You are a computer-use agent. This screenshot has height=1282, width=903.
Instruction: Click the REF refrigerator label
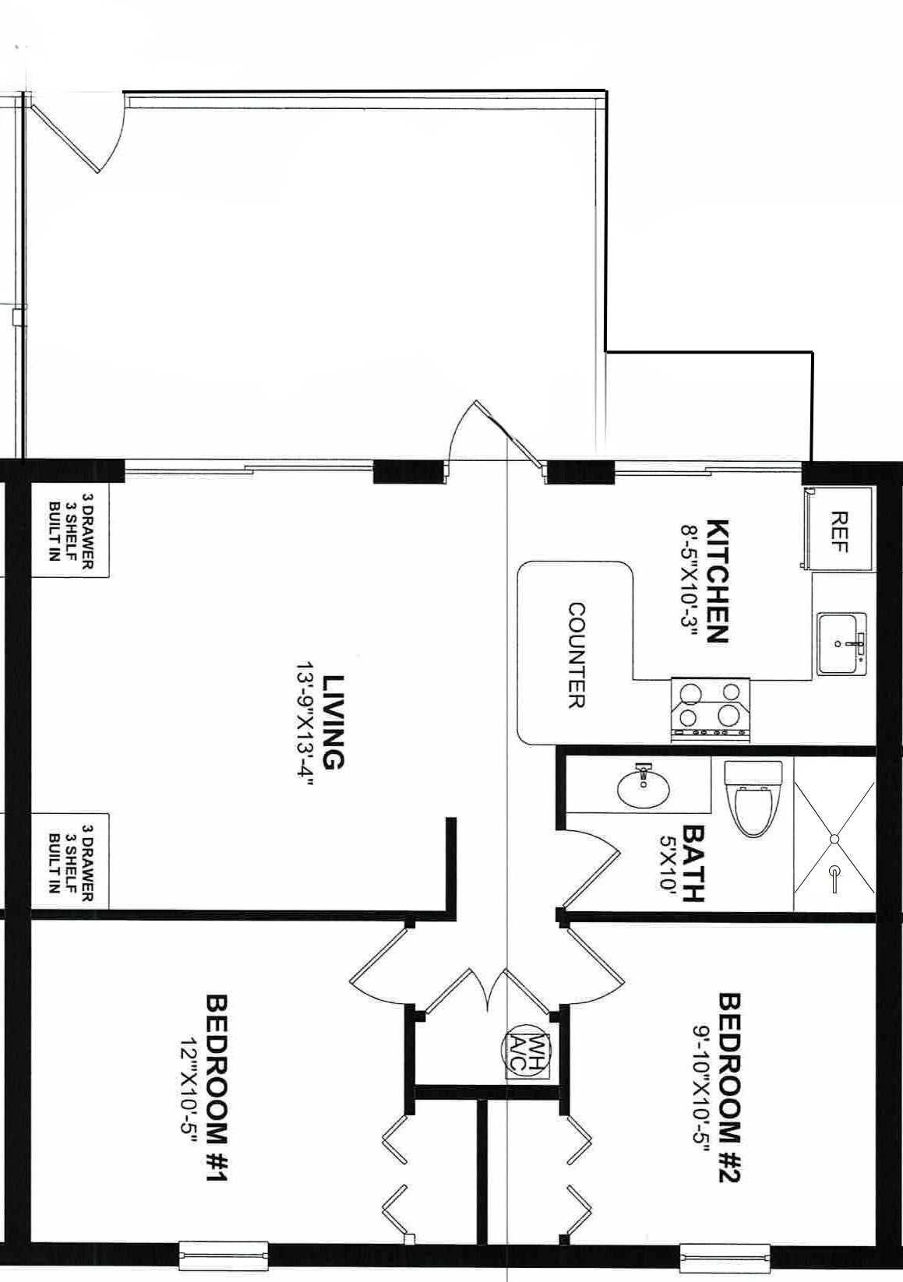click(x=838, y=532)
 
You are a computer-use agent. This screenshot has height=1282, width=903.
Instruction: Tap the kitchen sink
click(x=841, y=643)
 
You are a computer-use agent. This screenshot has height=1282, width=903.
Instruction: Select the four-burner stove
click(x=710, y=710)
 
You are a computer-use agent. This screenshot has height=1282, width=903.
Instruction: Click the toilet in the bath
click(x=753, y=798)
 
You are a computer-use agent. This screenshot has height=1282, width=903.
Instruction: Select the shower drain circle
click(x=834, y=839)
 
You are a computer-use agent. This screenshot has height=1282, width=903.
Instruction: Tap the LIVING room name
click(x=333, y=722)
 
